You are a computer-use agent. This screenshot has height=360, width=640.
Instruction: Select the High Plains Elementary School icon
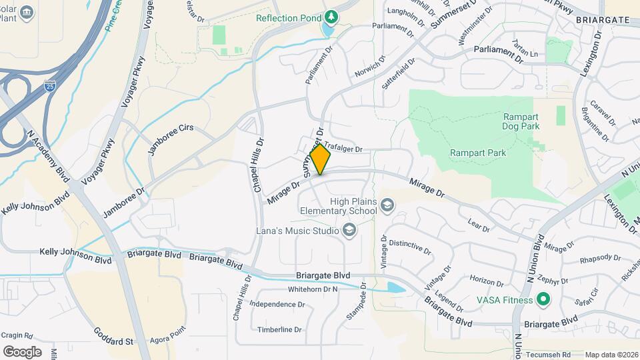[387, 207]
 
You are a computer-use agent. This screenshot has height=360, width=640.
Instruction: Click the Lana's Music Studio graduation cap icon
[349, 231]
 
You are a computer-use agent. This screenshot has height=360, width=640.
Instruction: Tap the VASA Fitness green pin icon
[543, 299]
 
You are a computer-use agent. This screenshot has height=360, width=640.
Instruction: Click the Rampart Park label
[477, 153]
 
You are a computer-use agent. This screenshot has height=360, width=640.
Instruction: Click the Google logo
[22, 351]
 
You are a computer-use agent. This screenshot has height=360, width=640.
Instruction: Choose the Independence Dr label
[277, 304]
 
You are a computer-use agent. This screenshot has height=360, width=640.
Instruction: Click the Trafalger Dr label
[344, 149]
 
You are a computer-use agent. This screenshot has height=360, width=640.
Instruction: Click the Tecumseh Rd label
[548, 355]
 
